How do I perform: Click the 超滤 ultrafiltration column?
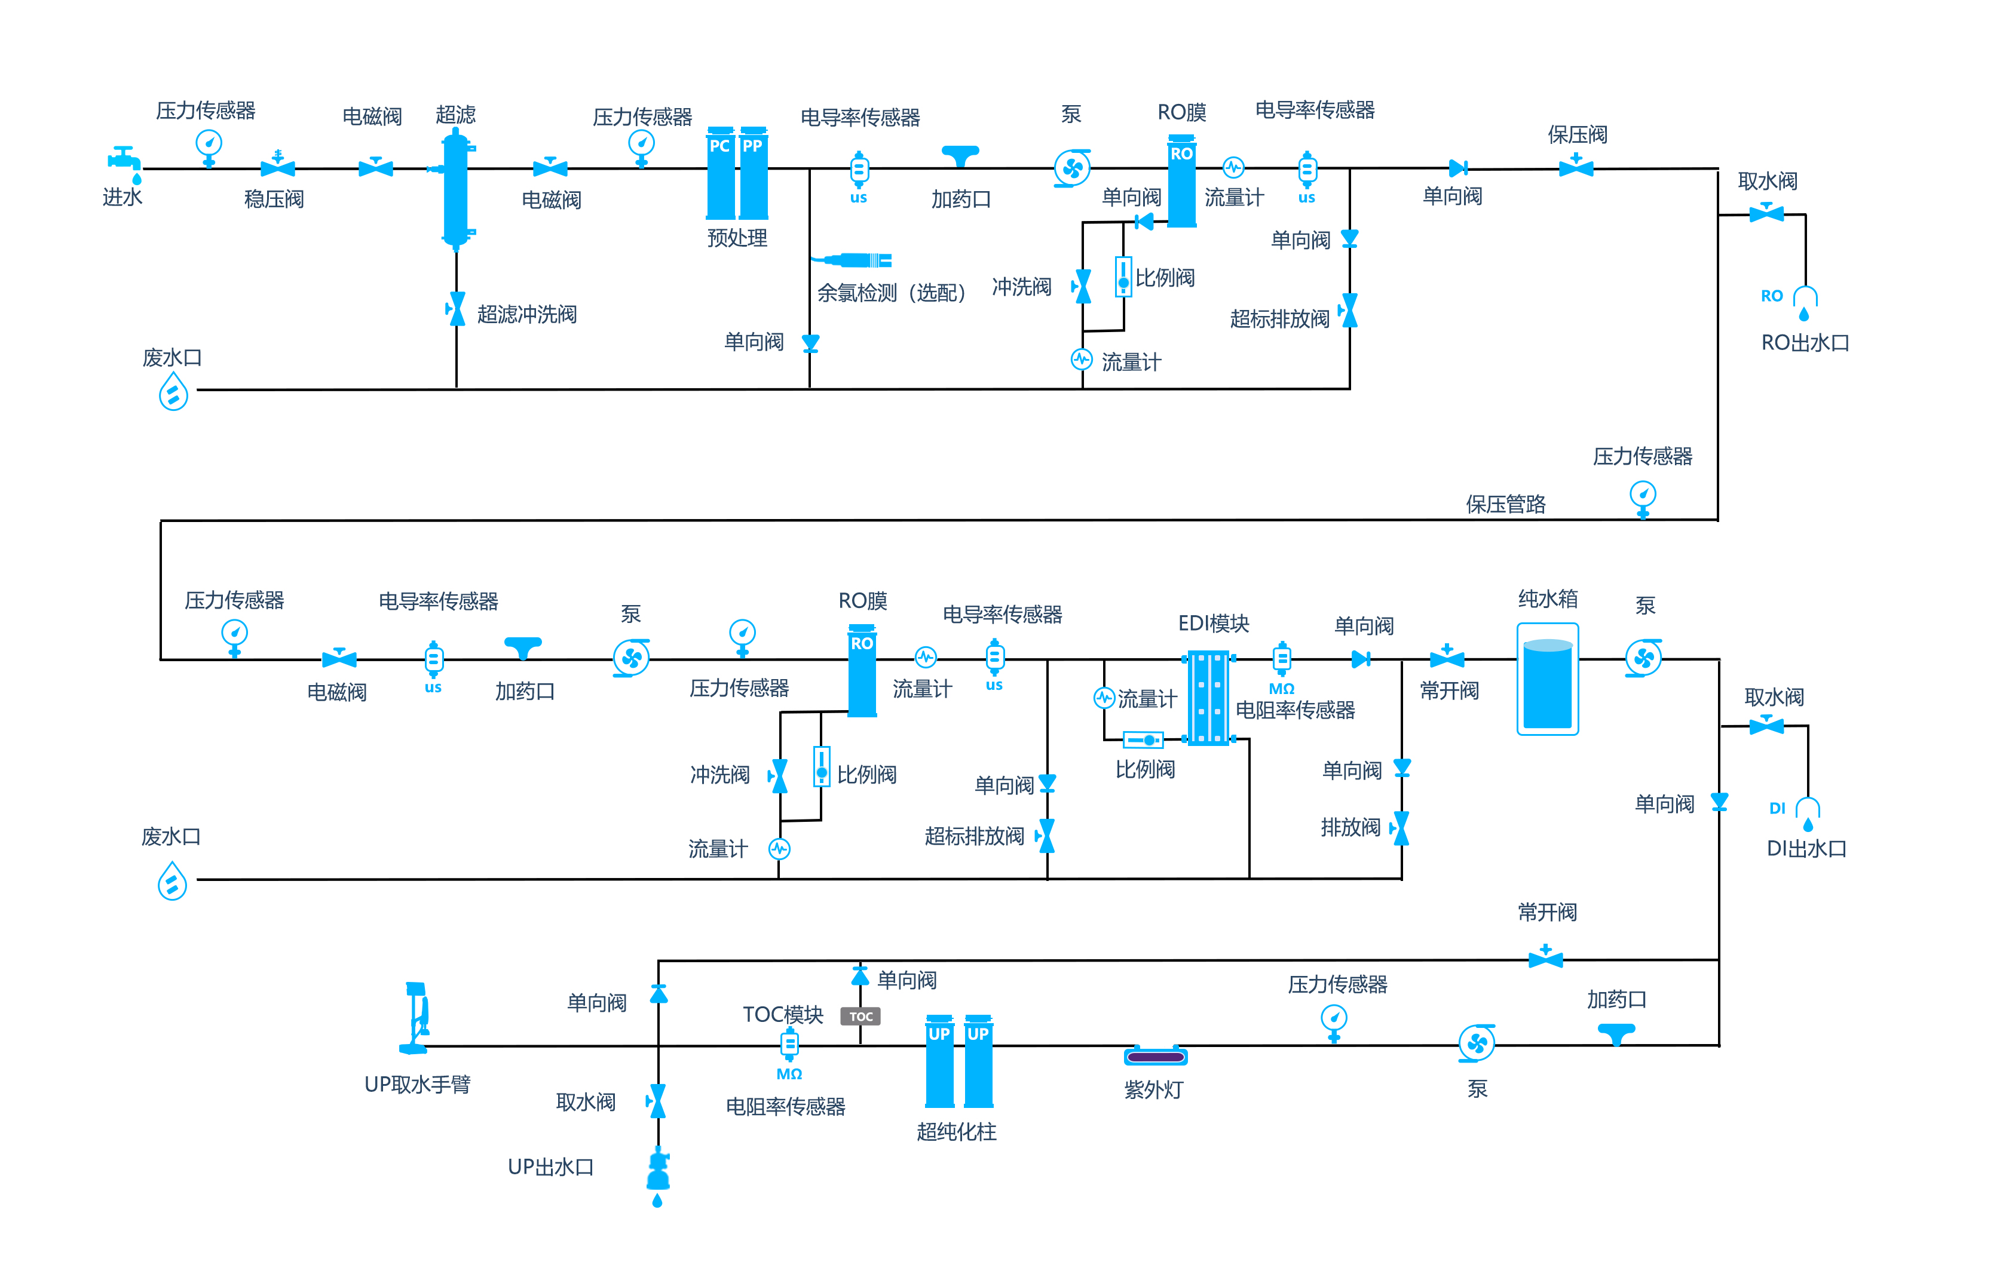455,189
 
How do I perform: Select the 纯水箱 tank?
1548,679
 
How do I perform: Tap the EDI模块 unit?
1209,699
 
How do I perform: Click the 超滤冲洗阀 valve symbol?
457,309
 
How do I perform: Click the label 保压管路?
1505,505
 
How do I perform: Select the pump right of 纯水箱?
1643,659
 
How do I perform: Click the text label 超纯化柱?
956,1132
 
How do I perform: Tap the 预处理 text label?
737,238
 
